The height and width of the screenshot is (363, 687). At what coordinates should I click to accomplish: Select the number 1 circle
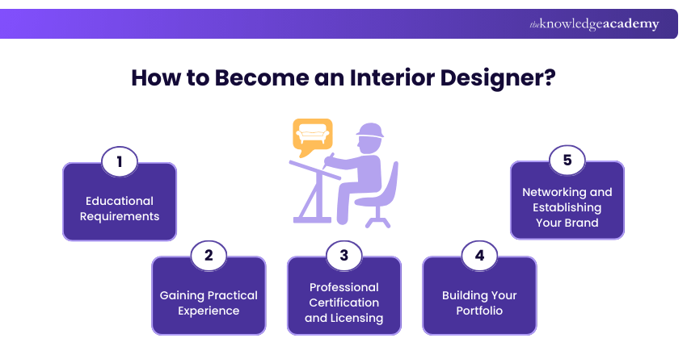119,161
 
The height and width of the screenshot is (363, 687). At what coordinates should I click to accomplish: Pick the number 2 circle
209,256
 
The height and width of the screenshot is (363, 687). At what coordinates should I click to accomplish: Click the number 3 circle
343,256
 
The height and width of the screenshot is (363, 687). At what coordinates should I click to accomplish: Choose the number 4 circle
479,256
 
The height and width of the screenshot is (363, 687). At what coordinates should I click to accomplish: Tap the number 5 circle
567,161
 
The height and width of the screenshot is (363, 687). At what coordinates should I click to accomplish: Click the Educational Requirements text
120,208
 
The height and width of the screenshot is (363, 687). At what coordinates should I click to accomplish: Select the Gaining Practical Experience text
209,302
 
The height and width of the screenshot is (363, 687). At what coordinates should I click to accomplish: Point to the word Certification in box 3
344,302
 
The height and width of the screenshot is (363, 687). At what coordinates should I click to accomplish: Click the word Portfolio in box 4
479,311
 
